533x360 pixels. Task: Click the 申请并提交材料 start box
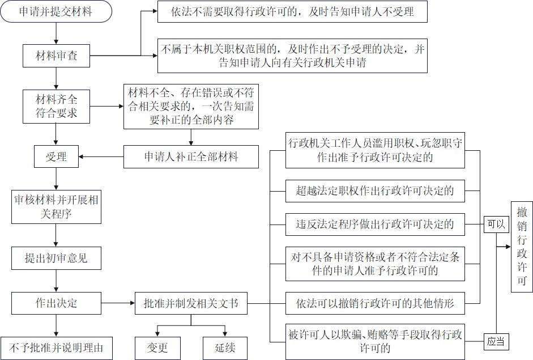click(56, 12)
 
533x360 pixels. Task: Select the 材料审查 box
click(56, 56)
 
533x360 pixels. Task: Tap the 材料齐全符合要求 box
click(56, 106)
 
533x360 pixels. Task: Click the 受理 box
click(56, 156)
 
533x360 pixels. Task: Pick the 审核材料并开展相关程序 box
click(56, 207)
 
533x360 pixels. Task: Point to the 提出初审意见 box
click(56, 258)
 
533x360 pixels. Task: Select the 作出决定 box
click(56, 303)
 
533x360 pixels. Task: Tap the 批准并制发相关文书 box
click(190, 303)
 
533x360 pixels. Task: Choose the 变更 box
click(157, 347)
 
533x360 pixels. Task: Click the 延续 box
click(225, 347)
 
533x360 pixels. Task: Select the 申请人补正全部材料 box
click(191, 156)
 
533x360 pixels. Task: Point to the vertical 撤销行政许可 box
click(522, 247)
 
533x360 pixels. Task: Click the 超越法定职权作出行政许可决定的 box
click(374, 190)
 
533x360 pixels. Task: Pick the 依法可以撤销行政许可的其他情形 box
click(374, 303)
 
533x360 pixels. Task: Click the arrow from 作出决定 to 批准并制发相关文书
click(117, 303)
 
